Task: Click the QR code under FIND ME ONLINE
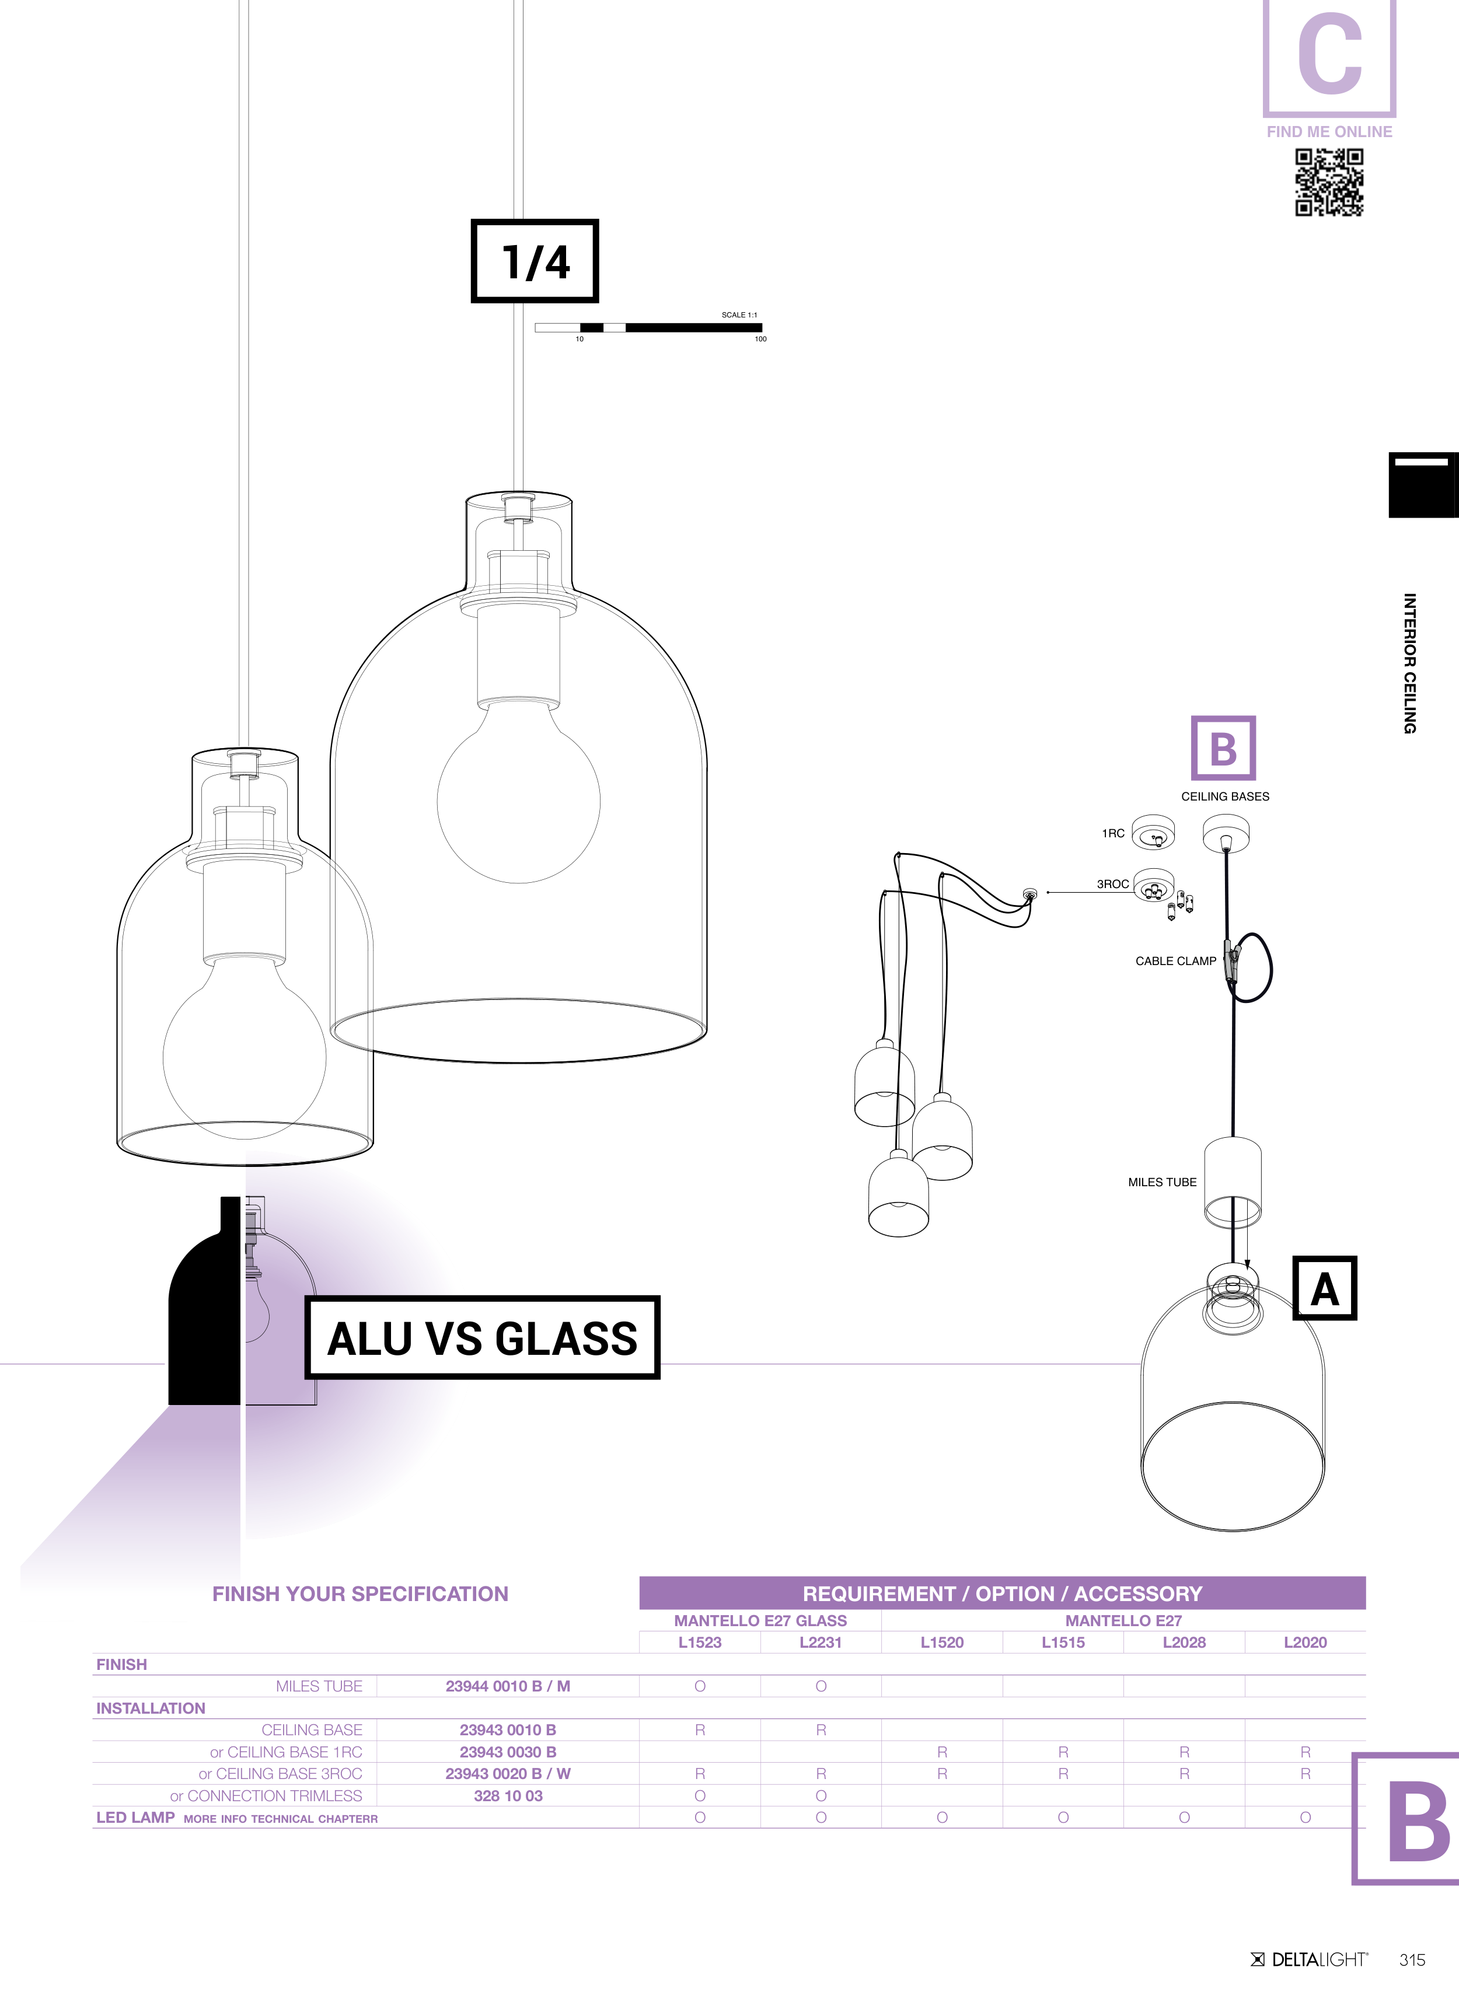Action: [x=1329, y=182]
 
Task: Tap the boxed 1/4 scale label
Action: [x=535, y=261]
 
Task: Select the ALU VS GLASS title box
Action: [x=482, y=1337]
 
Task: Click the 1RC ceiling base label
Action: [x=1113, y=833]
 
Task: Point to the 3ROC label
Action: [x=1112, y=883]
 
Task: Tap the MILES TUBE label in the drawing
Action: [x=1162, y=1182]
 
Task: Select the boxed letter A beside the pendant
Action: [x=1325, y=1288]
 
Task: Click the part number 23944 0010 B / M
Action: [x=508, y=1686]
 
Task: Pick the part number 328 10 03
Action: [x=508, y=1795]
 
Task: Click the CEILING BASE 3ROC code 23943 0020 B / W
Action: [x=508, y=1773]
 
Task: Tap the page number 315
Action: [x=1412, y=1959]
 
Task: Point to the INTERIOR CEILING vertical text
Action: [x=1409, y=663]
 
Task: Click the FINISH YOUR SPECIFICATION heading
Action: [x=360, y=1594]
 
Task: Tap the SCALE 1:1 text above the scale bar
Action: [x=739, y=315]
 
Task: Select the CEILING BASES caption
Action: [x=1224, y=796]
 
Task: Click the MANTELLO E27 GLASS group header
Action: [x=760, y=1620]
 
